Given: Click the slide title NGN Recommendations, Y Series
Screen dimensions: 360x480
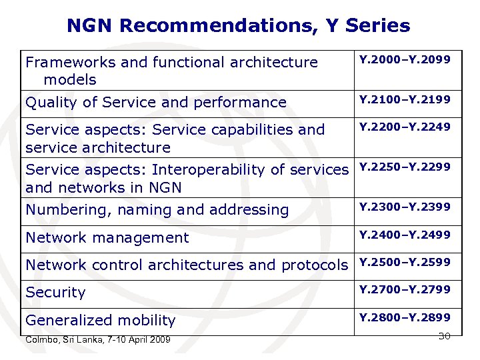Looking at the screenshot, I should (238, 26).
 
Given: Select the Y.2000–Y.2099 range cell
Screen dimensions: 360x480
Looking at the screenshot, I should (405, 60).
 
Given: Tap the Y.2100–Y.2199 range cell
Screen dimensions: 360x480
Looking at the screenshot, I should (405, 100).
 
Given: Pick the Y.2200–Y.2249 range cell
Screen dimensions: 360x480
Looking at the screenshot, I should (405, 127).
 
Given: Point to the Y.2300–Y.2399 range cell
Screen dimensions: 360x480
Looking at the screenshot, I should (405, 207).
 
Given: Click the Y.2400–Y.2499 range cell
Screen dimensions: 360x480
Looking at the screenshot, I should (405, 235).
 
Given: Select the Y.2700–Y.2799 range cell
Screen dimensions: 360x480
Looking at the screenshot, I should (405, 289).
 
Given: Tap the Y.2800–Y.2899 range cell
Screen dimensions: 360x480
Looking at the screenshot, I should (405, 317).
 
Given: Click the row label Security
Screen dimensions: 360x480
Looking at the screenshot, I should (55, 293).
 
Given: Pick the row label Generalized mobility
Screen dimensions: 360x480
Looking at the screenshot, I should (100, 320).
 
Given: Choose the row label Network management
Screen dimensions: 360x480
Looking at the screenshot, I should (107, 237).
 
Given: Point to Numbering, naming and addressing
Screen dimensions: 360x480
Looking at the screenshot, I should (157, 210).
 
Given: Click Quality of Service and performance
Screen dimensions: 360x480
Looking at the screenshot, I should (155, 103).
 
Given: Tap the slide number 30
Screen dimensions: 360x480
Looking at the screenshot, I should (444, 336).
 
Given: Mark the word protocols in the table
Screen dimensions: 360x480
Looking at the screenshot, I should (315, 265).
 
